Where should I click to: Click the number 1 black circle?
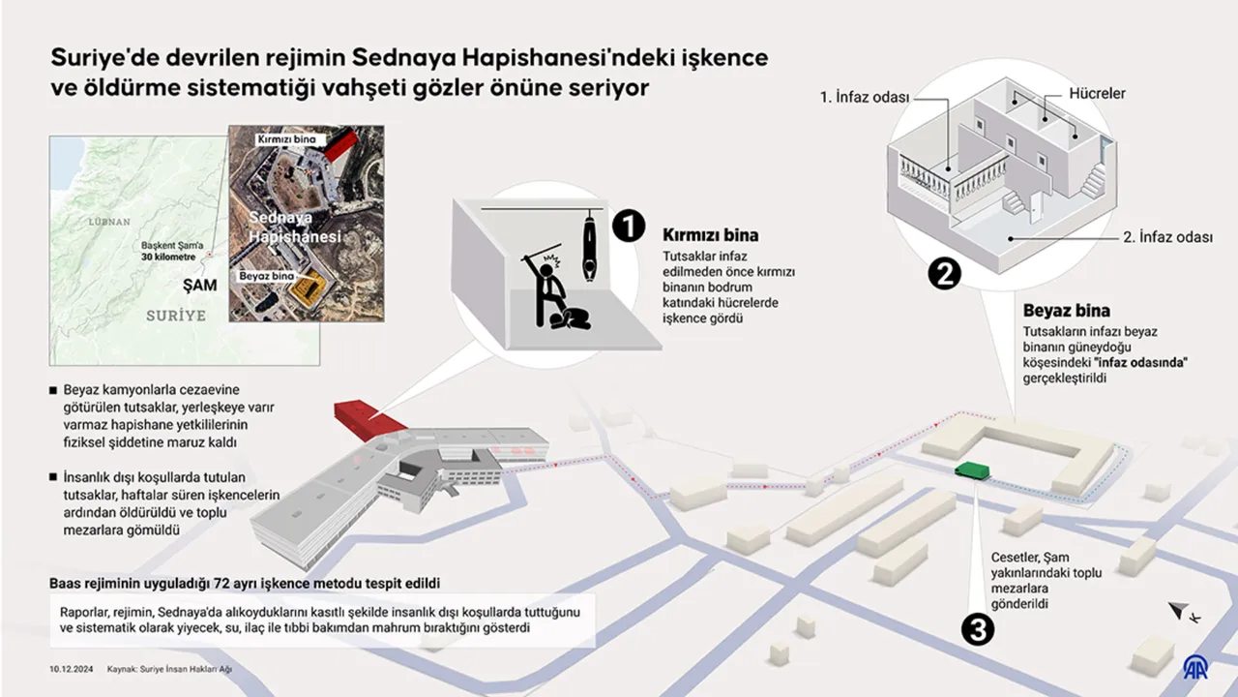[628, 227]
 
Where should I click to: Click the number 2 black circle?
[944, 274]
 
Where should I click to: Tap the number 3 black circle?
[978, 630]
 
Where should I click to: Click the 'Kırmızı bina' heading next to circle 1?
[710, 235]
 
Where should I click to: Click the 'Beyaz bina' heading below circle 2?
[1066, 312]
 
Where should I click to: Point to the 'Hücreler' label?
[1097, 94]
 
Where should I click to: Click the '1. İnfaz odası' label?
[864, 99]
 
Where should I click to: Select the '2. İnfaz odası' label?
[1167, 237]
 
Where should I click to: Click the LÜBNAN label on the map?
[108, 222]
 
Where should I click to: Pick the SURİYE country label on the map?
[176, 316]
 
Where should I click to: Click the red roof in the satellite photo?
[346, 147]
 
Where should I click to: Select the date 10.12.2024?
[72, 669]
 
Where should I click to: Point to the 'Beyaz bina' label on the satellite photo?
[268, 276]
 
